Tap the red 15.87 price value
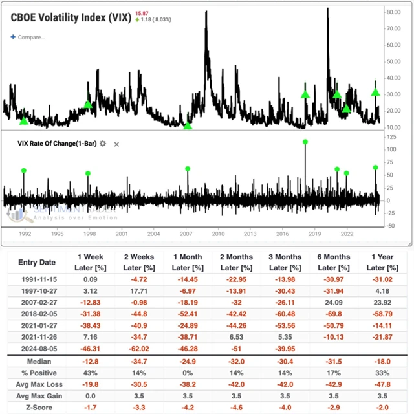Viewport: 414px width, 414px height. click(142, 12)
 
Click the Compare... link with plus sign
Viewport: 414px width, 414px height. click(27, 37)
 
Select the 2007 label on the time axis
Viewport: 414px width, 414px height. click(186, 233)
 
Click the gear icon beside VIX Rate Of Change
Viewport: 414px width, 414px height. click(102, 143)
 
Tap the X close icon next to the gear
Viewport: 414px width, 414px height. click(116, 144)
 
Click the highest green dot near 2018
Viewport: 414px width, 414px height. click(305, 142)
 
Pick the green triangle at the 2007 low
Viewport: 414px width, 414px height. click(188, 125)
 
